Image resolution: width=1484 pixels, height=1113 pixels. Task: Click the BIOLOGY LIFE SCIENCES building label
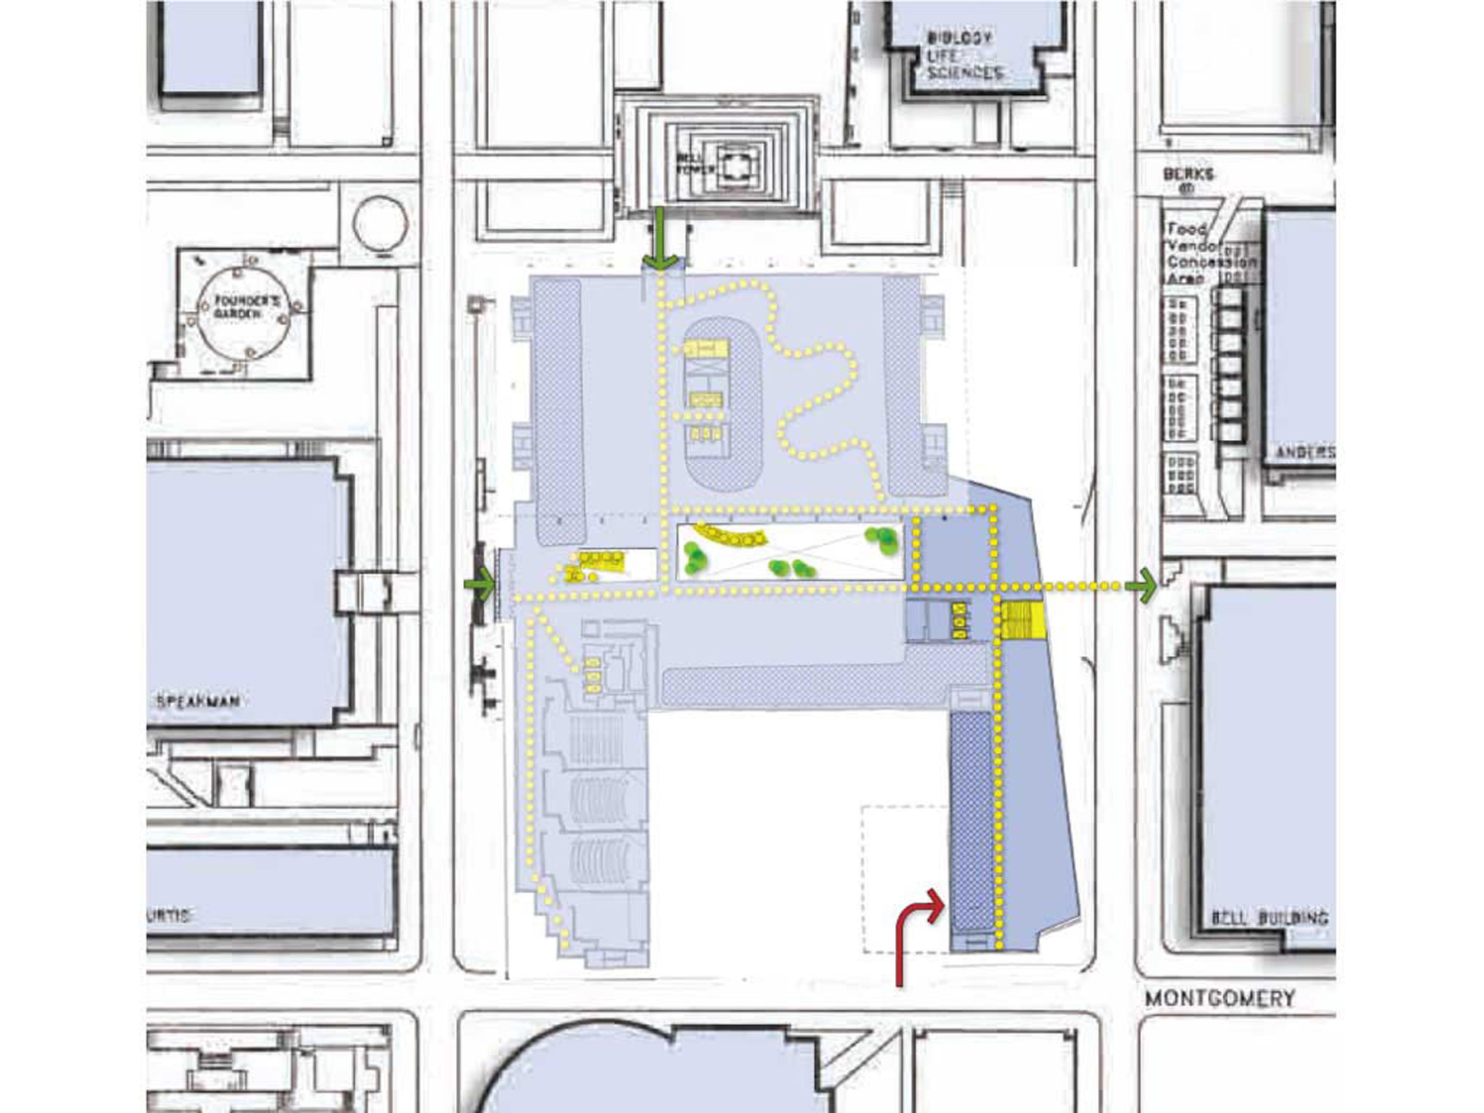pyautogui.click(x=963, y=55)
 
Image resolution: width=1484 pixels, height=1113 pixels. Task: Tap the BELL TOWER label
pyautogui.click(x=695, y=163)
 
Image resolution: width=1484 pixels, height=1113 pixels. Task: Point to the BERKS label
pyautogui.click(x=1188, y=175)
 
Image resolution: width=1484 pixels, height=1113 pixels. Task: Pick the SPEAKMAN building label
pyautogui.click(x=198, y=701)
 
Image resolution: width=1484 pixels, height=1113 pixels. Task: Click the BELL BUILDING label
pyautogui.click(x=1270, y=917)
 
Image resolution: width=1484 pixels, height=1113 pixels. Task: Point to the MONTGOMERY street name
pyautogui.click(x=1220, y=999)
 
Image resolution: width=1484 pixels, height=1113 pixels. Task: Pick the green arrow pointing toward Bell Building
pyautogui.click(x=1141, y=585)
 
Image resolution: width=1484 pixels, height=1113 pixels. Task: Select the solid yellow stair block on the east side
pyautogui.click(x=1022, y=620)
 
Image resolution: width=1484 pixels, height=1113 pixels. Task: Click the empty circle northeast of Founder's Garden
pyautogui.click(x=380, y=222)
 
